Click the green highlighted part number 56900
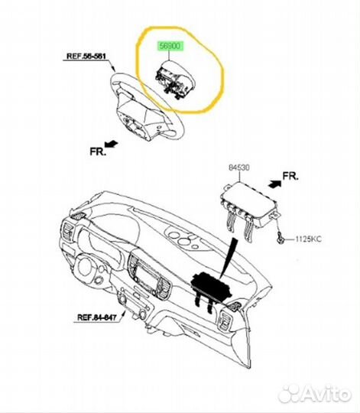(170, 46)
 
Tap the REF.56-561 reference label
(86, 57)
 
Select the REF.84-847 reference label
(96, 317)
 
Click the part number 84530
(239, 167)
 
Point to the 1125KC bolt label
(308, 239)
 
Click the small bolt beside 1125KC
(281, 239)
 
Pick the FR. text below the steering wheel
(98, 151)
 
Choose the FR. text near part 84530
(290, 176)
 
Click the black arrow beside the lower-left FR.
(112, 144)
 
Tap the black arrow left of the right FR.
(274, 184)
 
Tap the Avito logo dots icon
(289, 395)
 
